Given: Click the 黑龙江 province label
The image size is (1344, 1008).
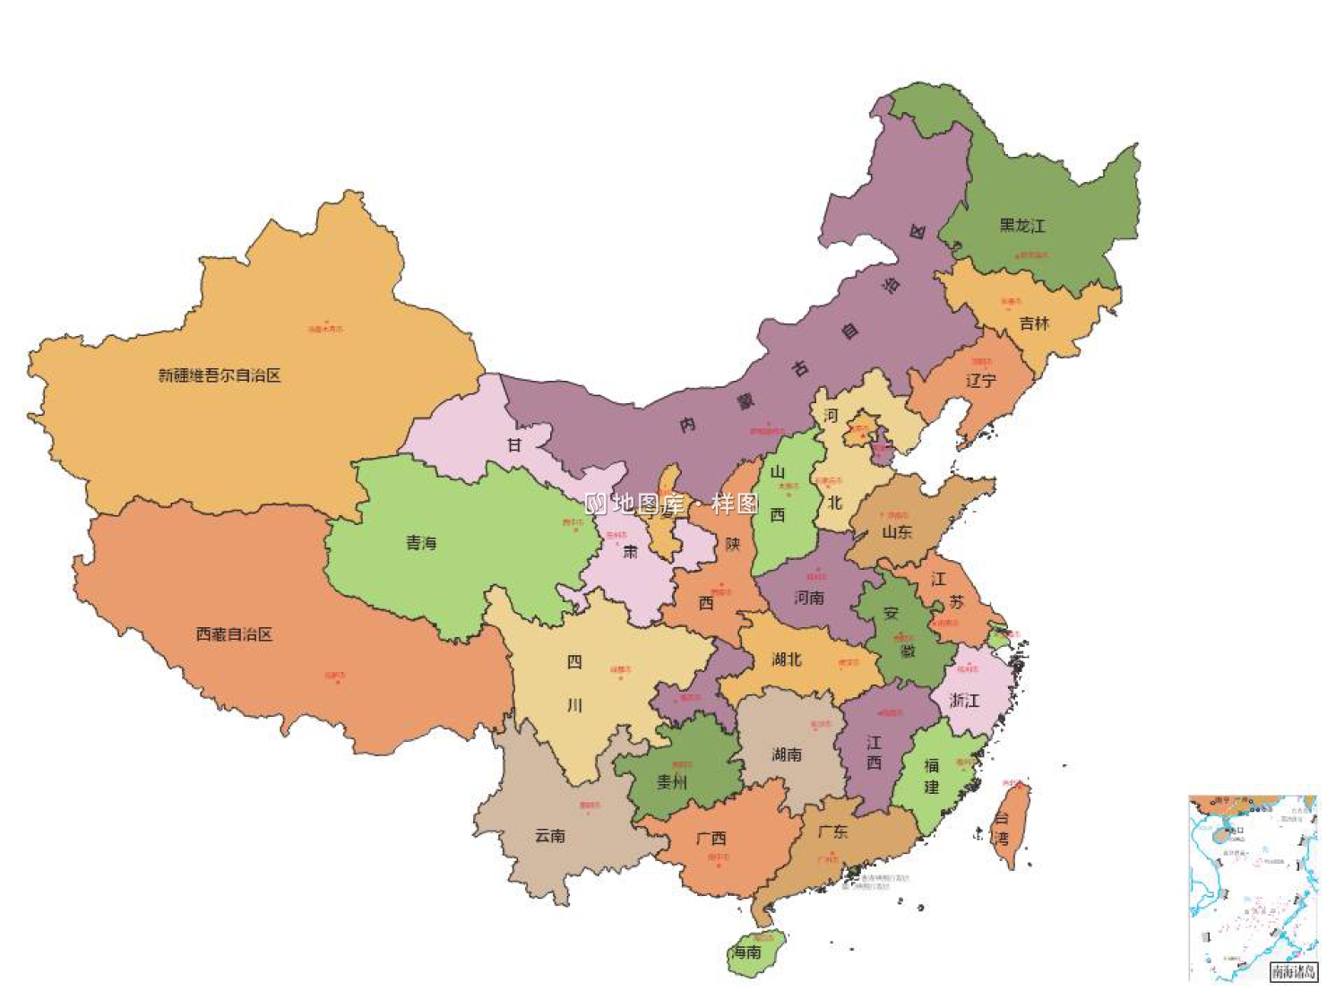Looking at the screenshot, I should coord(1022,226).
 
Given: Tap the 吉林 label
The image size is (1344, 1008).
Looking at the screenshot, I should coord(1034,323).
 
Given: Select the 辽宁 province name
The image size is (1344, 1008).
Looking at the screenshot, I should coord(980,381).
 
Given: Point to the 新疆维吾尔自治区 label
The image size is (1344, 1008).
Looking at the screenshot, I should coord(220,375).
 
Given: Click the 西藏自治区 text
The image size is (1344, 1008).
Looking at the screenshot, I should coord(234,634).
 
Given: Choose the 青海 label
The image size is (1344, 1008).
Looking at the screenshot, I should coord(420,543).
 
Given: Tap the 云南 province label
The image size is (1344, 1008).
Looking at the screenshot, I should coord(550,835).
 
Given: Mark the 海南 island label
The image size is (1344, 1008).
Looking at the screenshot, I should coord(746,952).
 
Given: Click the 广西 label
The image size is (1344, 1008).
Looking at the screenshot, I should coord(711,839).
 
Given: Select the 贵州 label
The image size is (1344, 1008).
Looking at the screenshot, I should coord(672,781).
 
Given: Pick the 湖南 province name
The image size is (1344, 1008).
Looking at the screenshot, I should coord(787,754).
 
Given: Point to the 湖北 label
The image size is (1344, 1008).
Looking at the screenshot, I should coord(787,659).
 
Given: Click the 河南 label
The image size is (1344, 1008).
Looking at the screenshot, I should coord(809,597).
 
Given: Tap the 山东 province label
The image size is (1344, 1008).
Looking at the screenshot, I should coord(897,531).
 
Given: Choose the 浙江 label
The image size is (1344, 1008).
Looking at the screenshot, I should coord(964,700).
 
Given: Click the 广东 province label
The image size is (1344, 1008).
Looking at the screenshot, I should coord(832,831).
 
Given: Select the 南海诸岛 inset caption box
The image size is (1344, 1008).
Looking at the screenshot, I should coord(1293,971).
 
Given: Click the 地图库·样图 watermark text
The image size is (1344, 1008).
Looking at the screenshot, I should coord(672,504).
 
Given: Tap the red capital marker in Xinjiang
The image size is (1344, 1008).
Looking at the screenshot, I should coord(326,323).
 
